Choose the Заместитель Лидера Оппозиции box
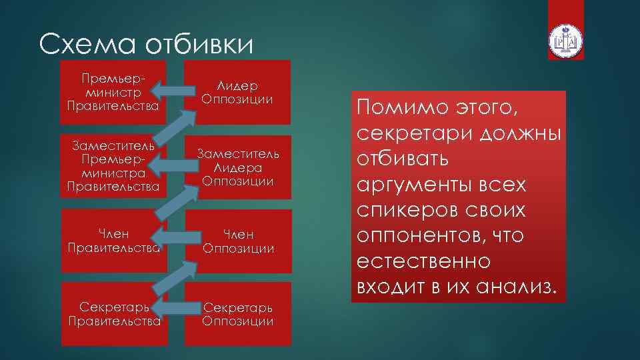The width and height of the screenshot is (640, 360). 238,167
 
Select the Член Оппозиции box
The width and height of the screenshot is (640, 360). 238,241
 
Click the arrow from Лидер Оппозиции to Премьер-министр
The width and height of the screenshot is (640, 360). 172,87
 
